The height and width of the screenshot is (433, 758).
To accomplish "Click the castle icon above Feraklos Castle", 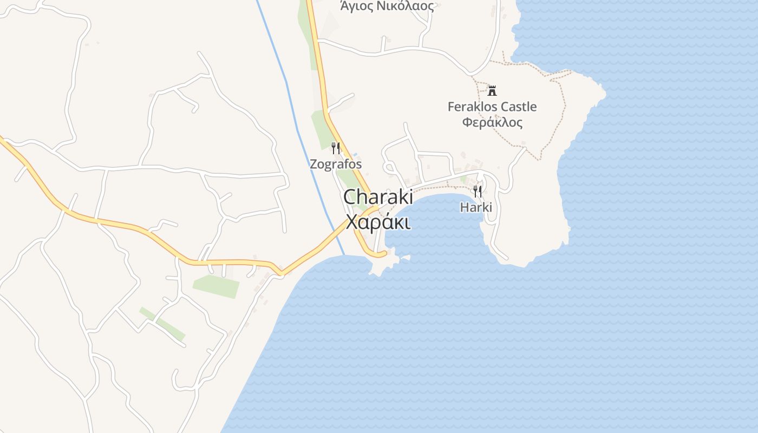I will click(492, 90).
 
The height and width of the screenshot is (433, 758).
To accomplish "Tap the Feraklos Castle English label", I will click(492, 107).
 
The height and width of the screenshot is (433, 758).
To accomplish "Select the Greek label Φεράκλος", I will click(492, 122).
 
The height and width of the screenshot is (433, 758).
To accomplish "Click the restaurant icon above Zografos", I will click(336, 148).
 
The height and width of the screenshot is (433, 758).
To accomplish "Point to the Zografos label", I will click(336, 163).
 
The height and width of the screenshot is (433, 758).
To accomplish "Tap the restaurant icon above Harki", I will click(477, 191).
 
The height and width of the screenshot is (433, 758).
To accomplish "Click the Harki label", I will click(476, 207).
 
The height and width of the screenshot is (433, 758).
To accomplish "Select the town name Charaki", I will click(378, 197).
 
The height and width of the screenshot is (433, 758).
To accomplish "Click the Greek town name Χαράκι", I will click(378, 222).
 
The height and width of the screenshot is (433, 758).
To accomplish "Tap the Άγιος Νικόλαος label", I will click(387, 6).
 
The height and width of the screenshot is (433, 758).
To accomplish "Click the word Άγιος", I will click(355, 6).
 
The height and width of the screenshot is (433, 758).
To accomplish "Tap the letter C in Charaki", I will click(350, 197).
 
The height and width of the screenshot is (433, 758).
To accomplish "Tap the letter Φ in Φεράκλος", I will click(466, 122).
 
